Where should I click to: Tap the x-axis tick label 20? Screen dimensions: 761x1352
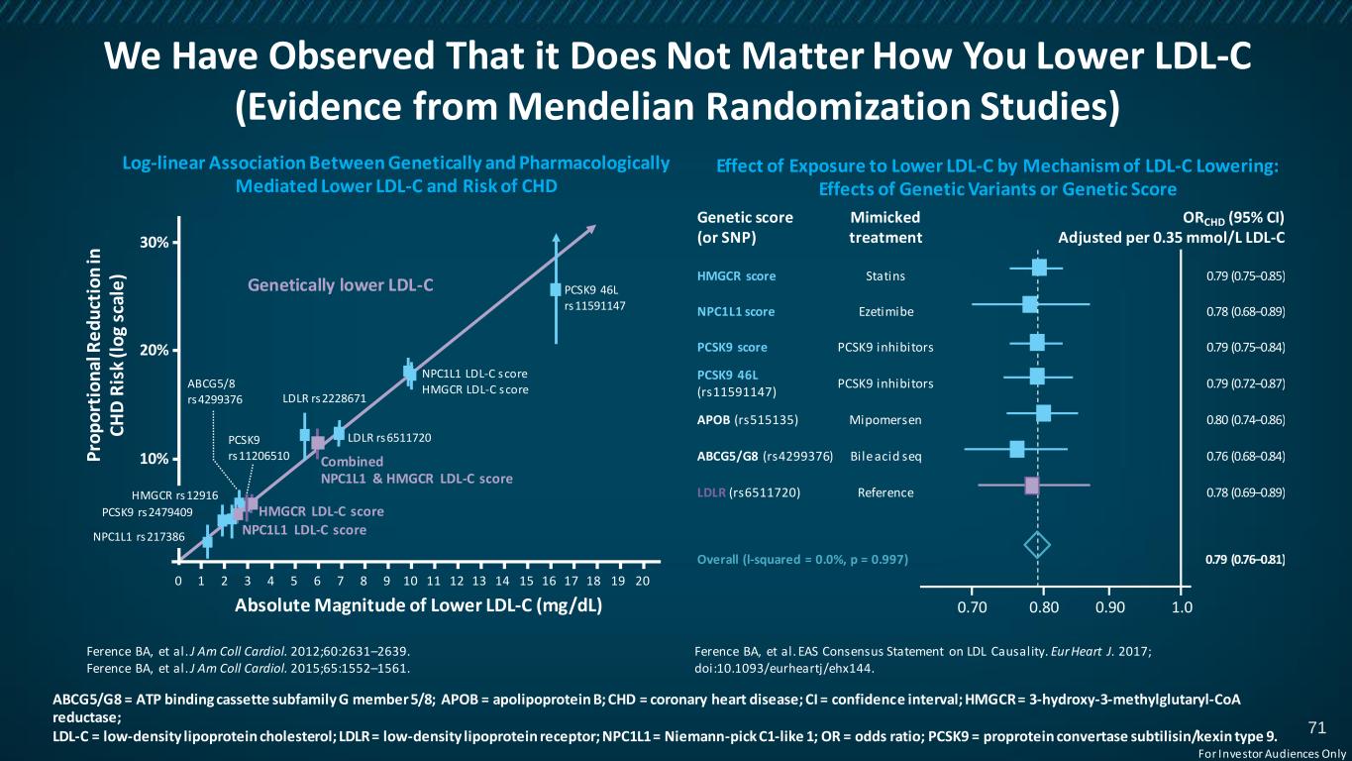tap(642, 581)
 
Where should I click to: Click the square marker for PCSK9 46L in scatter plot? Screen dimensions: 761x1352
tap(556, 289)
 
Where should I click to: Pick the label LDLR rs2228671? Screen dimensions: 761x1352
tap(324, 399)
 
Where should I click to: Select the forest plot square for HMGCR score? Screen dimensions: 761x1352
tap(1039, 268)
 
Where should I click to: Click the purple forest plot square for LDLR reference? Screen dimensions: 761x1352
tap(1031, 486)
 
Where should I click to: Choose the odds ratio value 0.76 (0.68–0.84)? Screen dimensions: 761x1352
tap(1245, 456)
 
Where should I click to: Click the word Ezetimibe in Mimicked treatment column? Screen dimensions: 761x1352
tap(885, 312)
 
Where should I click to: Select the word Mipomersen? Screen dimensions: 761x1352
tap(885, 420)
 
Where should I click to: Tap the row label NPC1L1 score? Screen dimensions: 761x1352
tap(736, 312)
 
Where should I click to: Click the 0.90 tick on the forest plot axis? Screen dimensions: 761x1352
tap(1110, 606)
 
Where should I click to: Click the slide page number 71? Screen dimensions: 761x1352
tap(1316, 728)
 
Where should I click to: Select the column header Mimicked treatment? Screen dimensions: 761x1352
tap(885, 228)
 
